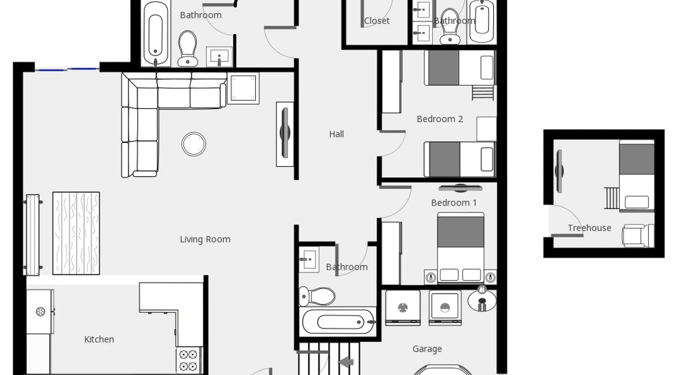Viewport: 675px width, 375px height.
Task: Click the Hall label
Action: point(336,134)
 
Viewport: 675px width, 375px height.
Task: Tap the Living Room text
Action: point(205,239)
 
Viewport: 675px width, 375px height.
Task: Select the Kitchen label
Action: point(99,339)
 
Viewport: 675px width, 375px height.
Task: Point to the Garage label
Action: point(427,349)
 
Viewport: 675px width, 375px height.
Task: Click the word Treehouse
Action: point(589,228)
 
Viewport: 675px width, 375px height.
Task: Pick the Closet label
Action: point(376,21)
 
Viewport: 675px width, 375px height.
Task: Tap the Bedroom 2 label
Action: point(440,119)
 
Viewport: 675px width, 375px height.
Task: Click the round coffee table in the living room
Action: point(194,144)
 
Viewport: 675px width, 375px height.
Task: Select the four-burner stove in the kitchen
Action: point(188,360)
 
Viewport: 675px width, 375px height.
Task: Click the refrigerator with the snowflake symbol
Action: point(40,312)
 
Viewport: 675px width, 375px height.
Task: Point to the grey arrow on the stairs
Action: point(346,362)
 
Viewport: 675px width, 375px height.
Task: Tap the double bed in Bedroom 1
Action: point(460,247)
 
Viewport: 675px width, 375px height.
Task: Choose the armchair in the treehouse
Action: point(638,236)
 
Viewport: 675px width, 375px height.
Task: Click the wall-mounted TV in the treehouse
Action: point(559,171)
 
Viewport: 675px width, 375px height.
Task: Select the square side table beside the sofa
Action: point(243,88)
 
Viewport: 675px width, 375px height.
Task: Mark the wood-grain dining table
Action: point(76,233)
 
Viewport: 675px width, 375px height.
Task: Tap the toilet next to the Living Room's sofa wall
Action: point(187,48)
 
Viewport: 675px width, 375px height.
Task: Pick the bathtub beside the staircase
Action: point(339,322)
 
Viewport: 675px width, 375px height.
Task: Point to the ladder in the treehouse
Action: point(612,198)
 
